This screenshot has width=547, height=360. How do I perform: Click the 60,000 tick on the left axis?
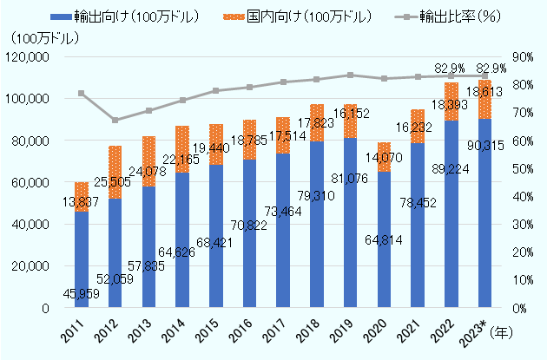coord(31,182)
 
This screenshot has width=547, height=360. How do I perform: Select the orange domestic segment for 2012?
coord(115,172)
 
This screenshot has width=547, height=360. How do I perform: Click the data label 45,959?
coord(82,293)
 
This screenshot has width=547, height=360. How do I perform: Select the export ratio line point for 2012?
coord(115,120)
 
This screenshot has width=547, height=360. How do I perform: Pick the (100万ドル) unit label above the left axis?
coord(40,38)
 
